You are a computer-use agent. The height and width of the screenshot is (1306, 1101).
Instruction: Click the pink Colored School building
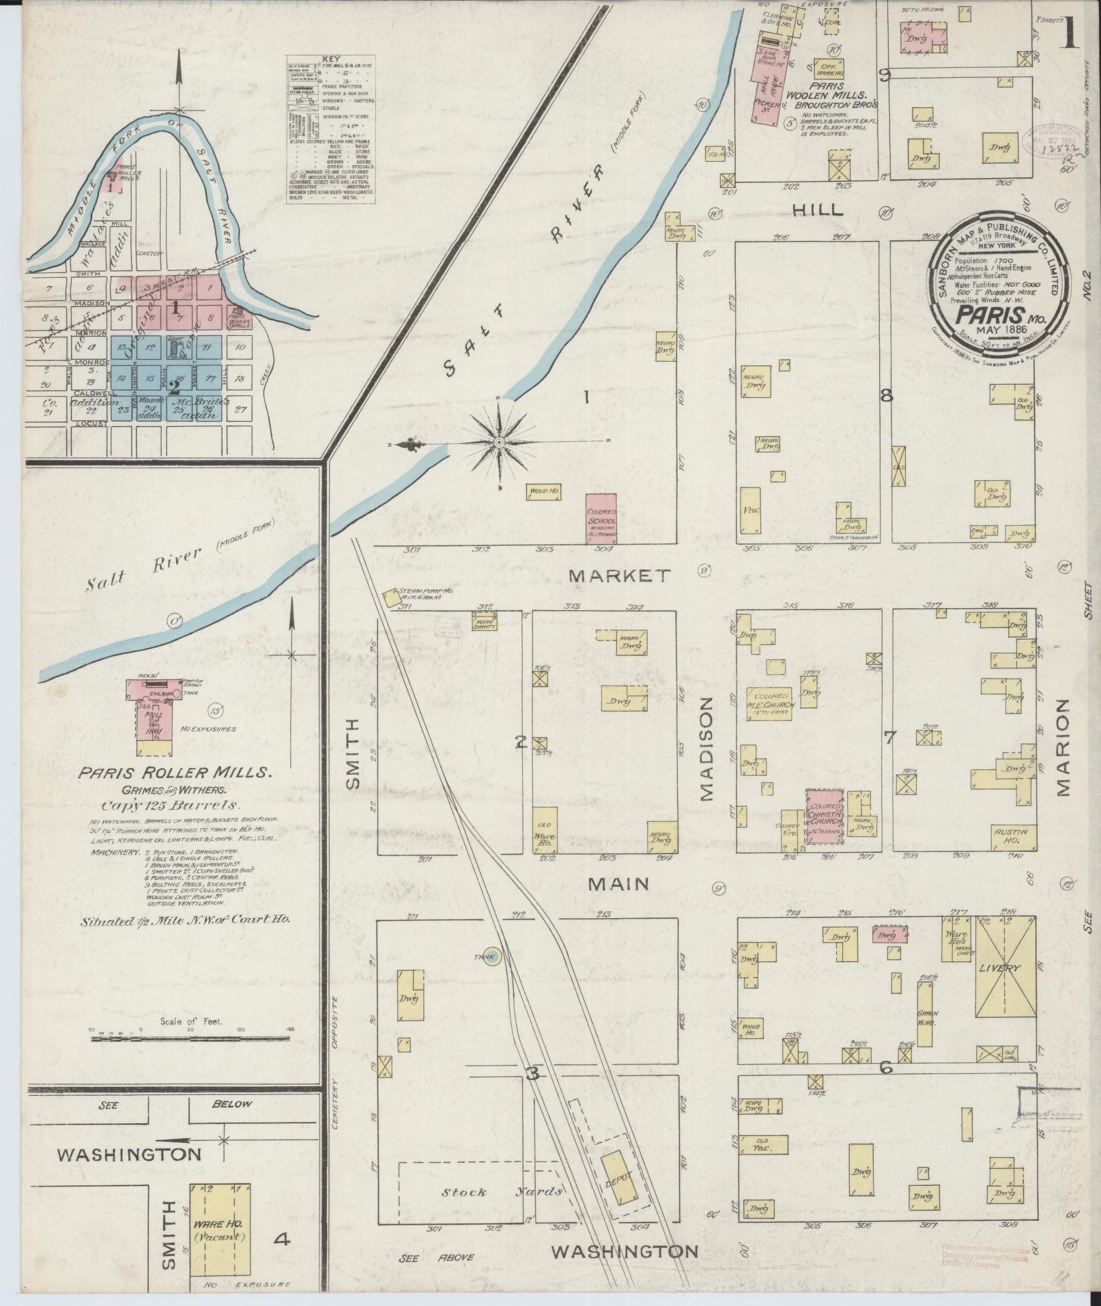601,518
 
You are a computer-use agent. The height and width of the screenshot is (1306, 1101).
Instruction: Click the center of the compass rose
499,443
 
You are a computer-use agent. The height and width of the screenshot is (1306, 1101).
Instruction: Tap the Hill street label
818,211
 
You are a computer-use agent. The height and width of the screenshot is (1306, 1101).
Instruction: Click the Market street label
619,576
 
